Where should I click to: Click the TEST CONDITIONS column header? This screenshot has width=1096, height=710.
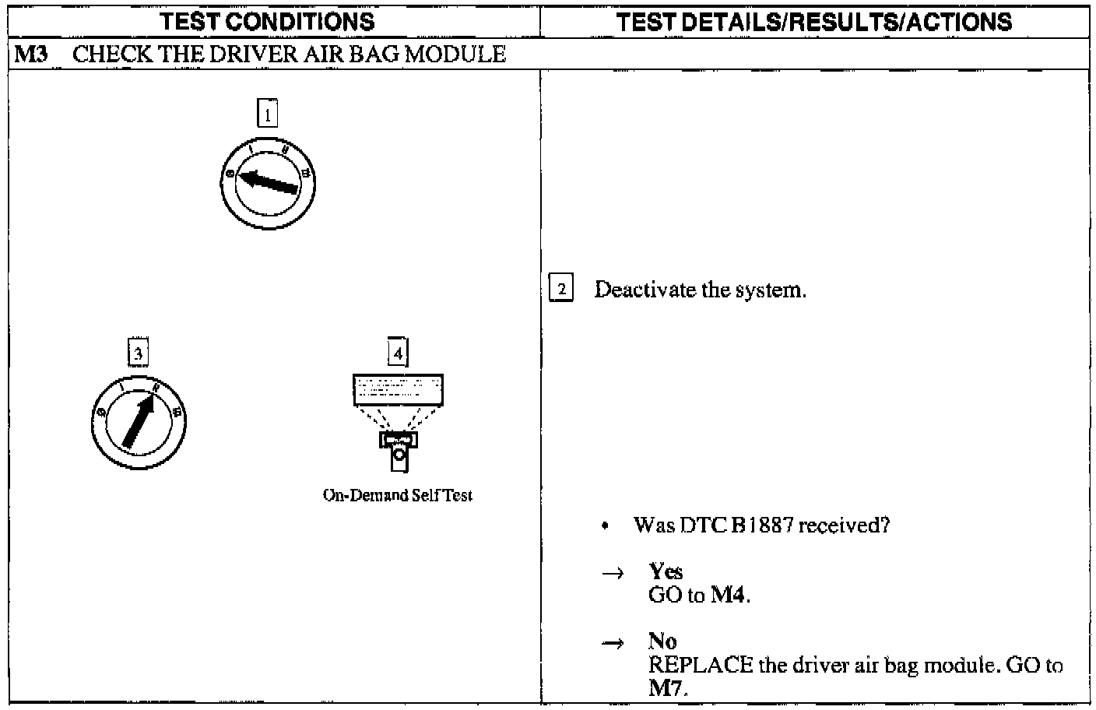pyautogui.click(x=268, y=22)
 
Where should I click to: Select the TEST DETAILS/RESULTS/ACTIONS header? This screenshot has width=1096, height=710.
pyautogui.click(x=814, y=22)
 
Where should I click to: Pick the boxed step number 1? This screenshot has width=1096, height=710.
pyautogui.click(x=267, y=114)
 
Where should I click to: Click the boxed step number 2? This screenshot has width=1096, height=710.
pyautogui.click(x=561, y=290)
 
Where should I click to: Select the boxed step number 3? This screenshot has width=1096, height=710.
pyautogui.click(x=138, y=353)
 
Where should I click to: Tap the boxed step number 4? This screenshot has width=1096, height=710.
pyautogui.click(x=398, y=353)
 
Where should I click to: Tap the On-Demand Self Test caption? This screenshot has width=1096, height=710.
pyautogui.click(x=398, y=495)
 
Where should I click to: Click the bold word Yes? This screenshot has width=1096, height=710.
pyautogui.click(x=666, y=571)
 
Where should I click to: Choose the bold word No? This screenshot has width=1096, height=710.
pyautogui.click(x=662, y=641)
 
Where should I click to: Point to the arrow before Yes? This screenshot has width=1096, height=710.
pyautogui.click(x=613, y=574)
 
